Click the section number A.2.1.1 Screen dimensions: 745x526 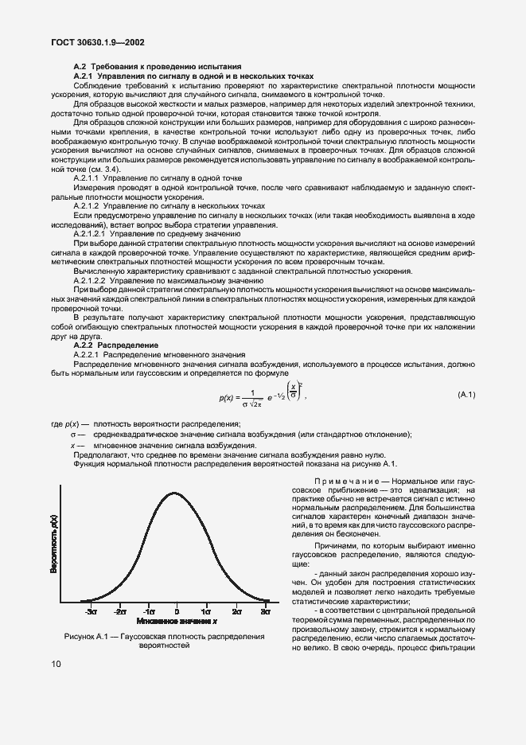tap(90, 179)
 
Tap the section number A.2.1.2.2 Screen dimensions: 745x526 tap(94, 281)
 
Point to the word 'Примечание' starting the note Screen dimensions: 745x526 tap(344, 482)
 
